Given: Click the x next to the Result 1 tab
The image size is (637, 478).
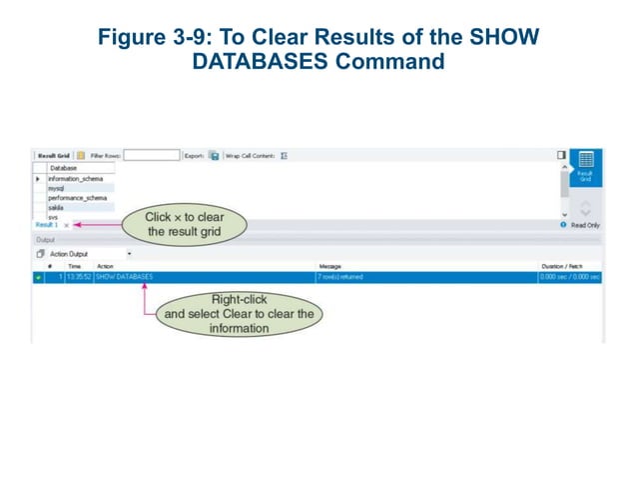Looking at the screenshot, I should (67, 226).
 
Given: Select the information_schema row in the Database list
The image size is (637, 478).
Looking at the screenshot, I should (76, 178).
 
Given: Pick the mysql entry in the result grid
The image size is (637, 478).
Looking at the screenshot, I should (58, 187).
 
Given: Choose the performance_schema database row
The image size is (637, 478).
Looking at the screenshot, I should (77, 197).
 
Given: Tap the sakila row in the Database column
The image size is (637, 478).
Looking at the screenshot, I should (57, 207).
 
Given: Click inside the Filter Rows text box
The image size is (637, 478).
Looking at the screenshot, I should (152, 156).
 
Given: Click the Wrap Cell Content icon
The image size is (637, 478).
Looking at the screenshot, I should (284, 156).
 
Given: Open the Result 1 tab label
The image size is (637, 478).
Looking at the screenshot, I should (47, 226).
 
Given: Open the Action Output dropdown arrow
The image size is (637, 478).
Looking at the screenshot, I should (129, 254).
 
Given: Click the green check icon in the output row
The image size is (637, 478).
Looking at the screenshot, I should (39, 277).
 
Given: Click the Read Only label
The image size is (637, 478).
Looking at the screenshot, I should (585, 226).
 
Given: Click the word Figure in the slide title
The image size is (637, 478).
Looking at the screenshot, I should (128, 37).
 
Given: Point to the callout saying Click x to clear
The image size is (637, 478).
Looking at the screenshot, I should (185, 224).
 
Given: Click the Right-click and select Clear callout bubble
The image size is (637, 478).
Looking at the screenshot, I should (239, 313).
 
